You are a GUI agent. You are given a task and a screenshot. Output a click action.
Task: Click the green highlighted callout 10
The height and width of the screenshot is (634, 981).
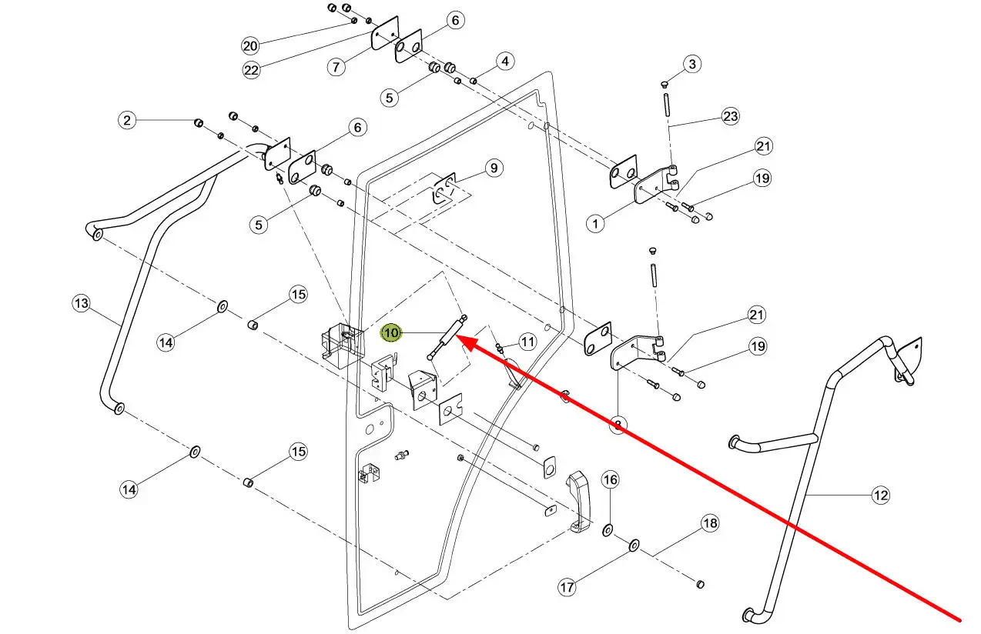tap(392, 332)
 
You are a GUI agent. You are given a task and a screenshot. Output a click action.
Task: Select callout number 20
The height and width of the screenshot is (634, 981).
tap(250, 45)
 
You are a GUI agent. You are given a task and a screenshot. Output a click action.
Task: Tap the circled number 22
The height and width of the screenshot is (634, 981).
tap(251, 69)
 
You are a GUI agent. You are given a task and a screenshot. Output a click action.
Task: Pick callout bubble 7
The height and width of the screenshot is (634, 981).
tap(336, 66)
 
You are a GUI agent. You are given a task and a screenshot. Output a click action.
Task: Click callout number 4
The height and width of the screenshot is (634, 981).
tap(504, 61)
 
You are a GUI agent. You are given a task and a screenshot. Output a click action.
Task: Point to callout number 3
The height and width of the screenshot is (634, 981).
tap(691, 64)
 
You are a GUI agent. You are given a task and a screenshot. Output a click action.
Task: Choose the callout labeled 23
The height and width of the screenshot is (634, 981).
tap(730, 116)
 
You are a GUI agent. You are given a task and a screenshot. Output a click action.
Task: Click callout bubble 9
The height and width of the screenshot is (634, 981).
tap(494, 167)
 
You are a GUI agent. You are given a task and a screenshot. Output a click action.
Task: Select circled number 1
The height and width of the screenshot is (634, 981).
tap(596, 224)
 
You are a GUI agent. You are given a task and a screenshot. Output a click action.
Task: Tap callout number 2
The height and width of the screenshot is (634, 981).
tap(128, 120)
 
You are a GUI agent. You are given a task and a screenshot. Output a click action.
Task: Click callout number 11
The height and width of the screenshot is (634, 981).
tap(527, 341)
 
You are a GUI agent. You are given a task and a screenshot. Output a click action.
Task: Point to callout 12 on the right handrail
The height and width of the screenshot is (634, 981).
tap(880, 495)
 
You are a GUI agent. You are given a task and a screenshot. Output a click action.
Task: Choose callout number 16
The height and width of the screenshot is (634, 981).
tap(609, 480)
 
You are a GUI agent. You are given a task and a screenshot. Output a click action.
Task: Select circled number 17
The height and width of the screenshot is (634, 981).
tap(567, 587)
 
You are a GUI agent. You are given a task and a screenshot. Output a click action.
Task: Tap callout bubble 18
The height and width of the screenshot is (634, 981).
tap(709, 524)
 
